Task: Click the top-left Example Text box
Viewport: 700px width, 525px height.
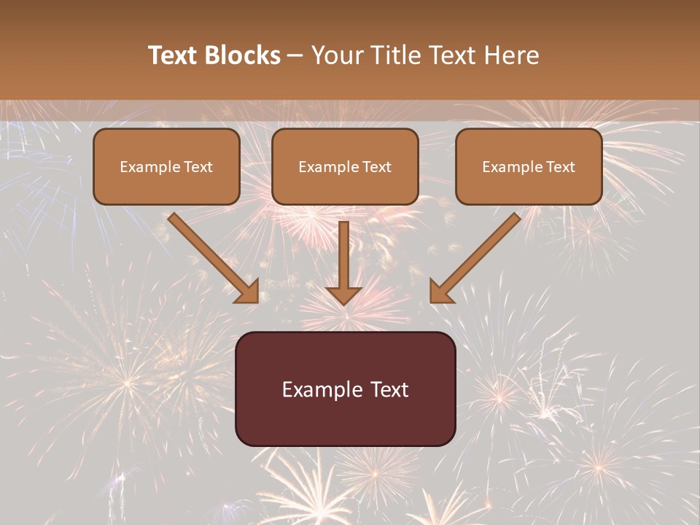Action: tap(166, 167)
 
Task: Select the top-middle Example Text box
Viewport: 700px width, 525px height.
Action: tap(345, 167)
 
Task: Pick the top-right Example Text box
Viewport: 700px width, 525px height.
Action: tap(529, 167)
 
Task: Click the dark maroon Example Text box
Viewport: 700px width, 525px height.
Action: tap(345, 389)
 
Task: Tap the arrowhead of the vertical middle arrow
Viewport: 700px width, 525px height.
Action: tap(343, 295)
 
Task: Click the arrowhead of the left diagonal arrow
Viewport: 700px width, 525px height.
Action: tap(248, 292)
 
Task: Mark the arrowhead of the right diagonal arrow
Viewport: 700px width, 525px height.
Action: tap(440, 292)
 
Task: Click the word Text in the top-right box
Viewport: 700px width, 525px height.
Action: tap(561, 167)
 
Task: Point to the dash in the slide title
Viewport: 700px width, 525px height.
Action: tap(295, 56)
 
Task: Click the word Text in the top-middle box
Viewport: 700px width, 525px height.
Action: tap(377, 167)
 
